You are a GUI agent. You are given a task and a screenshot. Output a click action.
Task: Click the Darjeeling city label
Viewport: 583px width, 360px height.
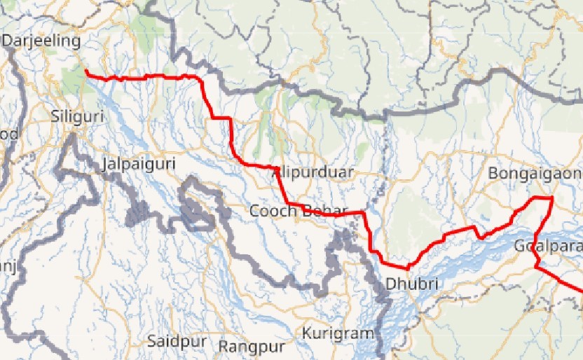42,41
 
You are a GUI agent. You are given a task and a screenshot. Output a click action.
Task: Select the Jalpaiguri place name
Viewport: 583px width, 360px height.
138,165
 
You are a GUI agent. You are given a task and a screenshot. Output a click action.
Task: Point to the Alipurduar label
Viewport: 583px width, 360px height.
313,172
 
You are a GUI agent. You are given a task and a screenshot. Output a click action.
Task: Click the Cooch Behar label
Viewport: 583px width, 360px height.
299,210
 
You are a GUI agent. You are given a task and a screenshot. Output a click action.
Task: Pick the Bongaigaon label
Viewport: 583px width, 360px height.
535,173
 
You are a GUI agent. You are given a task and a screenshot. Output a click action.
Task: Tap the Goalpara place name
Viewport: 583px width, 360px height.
547,246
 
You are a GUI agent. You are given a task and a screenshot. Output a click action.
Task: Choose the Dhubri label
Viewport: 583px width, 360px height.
412,284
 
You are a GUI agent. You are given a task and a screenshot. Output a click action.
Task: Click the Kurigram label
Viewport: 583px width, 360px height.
338,333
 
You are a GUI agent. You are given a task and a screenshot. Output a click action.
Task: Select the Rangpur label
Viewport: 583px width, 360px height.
252,346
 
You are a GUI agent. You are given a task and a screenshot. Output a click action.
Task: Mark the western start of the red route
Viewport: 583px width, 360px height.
85,71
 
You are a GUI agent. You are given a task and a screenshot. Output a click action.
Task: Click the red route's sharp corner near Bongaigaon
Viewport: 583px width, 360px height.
552,199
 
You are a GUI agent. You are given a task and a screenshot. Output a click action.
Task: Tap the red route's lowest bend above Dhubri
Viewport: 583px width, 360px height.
406,268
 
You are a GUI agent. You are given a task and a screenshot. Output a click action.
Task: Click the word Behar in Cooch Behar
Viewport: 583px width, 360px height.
326,210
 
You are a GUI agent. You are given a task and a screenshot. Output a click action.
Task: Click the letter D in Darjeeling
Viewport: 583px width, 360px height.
8,41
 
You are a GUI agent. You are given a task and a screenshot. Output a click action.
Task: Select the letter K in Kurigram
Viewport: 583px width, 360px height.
307,333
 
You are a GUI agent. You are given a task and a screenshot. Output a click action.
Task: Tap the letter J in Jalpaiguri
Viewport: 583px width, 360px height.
105,165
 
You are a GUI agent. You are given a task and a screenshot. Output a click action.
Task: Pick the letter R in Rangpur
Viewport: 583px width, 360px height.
224,346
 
